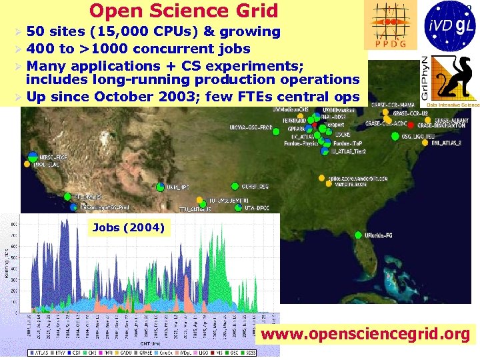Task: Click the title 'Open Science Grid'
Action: (183, 11)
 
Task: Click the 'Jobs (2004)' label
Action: (128, 227)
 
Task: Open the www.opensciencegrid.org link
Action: (365, 333)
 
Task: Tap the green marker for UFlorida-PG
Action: (360, 235)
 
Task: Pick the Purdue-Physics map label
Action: (301, 143)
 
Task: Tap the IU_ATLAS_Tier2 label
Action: (351, 151)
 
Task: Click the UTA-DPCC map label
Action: (255, 207)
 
